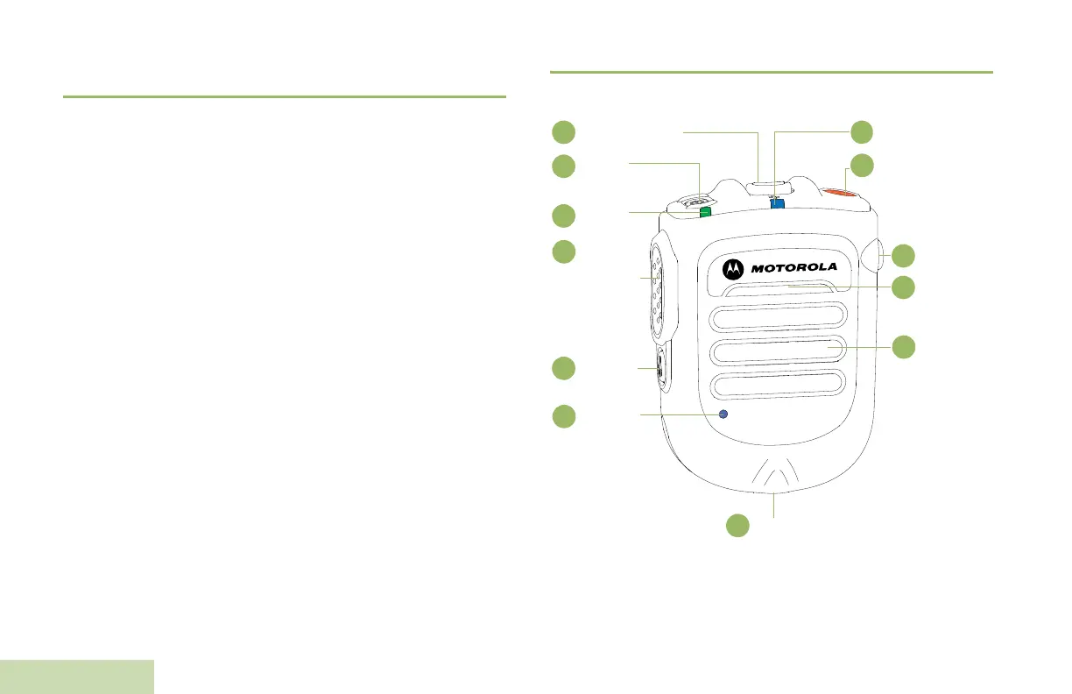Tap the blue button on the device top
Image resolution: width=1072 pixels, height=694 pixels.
tap(777, 203)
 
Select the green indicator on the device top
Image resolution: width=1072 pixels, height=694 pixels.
tap(704, 211)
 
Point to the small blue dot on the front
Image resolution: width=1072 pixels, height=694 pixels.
tap(723, 413)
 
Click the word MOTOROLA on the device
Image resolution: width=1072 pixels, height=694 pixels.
tap(794, 266)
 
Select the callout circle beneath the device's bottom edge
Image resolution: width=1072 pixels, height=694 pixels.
tap(738, 525)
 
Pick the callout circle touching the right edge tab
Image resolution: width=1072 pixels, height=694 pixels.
tap(904, 256)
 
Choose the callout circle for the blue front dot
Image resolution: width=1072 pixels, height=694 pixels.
tap(564, 416)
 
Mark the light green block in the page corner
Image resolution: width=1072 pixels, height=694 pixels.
tap(77, 676)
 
